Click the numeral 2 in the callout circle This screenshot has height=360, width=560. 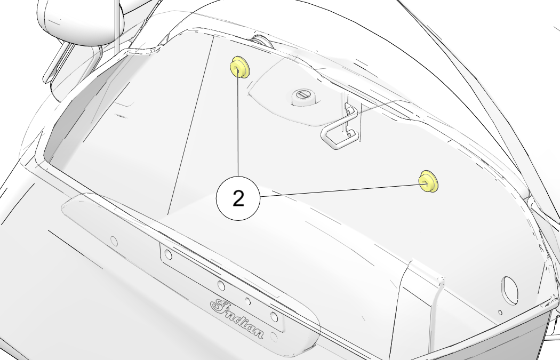pos(238,198)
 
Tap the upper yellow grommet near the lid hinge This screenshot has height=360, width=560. pos(239,67)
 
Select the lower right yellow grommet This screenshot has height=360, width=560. pos(428,182)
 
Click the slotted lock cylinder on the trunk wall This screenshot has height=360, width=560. pos(303,97)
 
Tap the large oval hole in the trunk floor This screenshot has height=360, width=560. pos(510,290)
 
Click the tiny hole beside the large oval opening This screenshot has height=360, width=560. pos(500,313)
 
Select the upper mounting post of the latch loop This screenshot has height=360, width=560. pos(350,112)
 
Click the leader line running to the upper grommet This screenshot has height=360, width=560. pos(238,121)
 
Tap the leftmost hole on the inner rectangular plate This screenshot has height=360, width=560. pos(169,255)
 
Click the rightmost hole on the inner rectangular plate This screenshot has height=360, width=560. pos(274,317)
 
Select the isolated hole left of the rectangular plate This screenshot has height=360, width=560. pos(114,242)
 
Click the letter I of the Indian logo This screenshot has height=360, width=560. pos(219,306)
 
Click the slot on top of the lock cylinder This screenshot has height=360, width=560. pos(303,94)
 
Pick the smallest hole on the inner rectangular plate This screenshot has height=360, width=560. pos(247,302)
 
